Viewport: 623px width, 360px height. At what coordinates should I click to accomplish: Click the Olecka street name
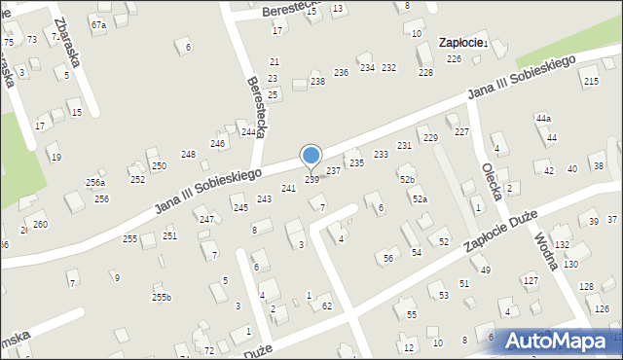491,179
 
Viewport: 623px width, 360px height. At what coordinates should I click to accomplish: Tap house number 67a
97,23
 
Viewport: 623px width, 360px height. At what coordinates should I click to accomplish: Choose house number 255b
162,297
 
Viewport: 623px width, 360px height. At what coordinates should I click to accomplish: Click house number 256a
94,182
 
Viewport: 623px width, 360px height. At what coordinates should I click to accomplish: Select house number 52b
407,179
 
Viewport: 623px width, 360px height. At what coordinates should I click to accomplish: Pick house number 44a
543,118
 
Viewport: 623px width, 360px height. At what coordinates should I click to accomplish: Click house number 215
592,81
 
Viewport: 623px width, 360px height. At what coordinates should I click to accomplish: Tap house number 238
317,81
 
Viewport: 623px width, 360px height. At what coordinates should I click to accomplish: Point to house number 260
40,224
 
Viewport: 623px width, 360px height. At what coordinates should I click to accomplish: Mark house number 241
288,188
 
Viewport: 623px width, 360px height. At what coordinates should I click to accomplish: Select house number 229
431,138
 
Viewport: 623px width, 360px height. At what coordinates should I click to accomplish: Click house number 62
327,306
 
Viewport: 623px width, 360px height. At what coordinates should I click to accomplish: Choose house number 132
562,244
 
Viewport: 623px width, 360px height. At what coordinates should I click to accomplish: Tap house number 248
188,154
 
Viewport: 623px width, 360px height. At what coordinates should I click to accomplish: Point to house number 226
454,59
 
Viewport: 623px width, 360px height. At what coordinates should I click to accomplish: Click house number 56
387,258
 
